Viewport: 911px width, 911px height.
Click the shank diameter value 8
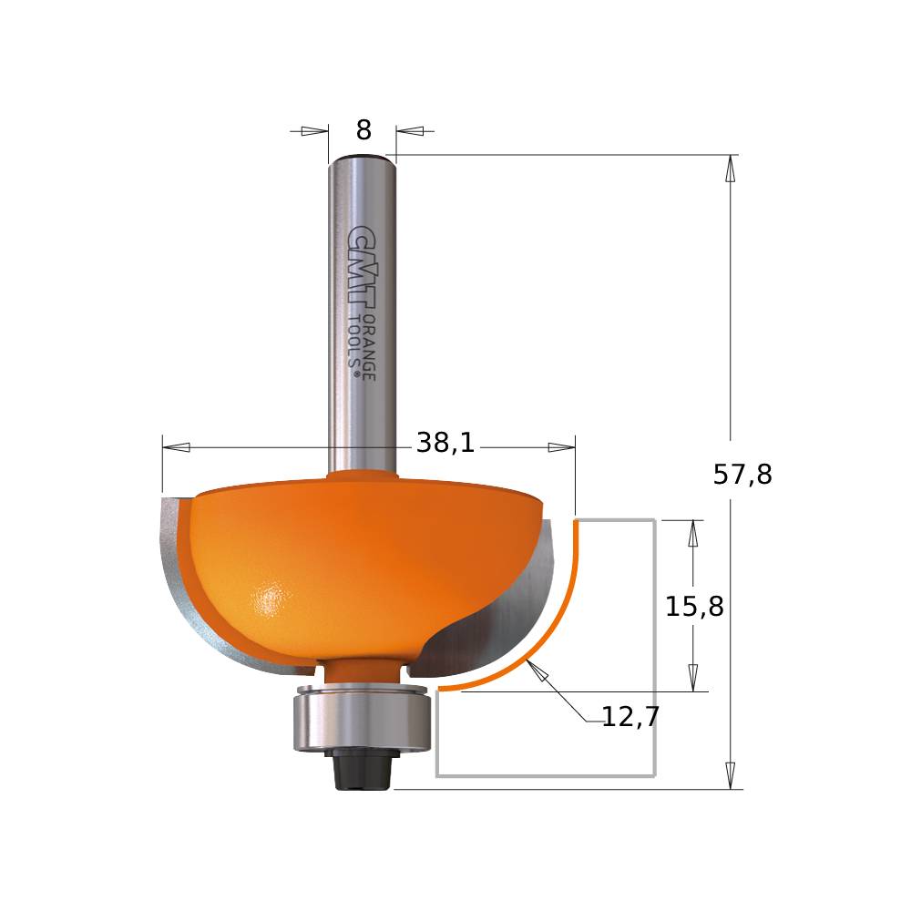pos(363,131)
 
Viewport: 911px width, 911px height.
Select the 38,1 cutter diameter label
pos(445,444)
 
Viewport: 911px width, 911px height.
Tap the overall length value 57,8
pos(742,475)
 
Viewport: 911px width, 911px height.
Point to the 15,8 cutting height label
pos(694,607)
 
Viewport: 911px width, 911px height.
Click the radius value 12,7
pos(630,718)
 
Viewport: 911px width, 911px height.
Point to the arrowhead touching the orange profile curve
pos(537,673)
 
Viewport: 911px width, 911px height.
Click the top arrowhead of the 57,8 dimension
pos(730,169)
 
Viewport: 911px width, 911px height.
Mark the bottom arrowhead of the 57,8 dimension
pos(730,775)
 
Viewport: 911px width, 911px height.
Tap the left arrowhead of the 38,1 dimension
pos(177,447)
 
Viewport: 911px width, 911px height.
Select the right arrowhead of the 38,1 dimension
pos(560,447)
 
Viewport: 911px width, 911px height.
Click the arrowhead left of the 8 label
pos(314,131)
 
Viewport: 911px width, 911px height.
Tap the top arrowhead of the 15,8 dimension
pos(693,533)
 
